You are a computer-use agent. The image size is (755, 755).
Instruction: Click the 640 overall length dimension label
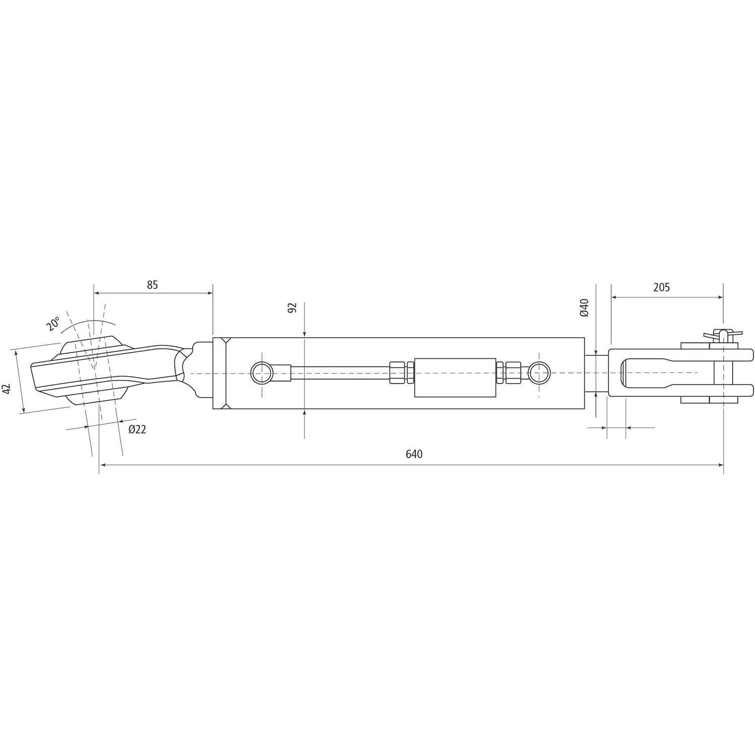coord(414,454)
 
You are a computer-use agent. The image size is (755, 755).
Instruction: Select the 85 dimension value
coord(153,285)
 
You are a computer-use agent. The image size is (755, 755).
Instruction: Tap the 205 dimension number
coord(661,287)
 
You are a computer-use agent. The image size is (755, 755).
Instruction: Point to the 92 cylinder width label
coord(292,308)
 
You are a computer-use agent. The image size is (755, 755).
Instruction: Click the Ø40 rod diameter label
coord(584,308)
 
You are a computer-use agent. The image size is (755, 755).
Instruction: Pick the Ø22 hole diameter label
coord(137,429)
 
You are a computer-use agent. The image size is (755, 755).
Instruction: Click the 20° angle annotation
coord(53,324)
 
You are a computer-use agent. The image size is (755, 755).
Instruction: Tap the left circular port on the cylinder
coord(262,373)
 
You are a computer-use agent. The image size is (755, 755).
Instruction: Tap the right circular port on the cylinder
coord(539,373)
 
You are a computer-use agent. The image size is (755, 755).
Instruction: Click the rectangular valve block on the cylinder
coord(454,377)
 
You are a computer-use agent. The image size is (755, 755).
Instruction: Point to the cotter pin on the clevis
coord(723,334)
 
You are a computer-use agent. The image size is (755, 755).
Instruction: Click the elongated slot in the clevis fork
coord(654,373)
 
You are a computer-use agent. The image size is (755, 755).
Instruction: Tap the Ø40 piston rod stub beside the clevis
coord(597,373)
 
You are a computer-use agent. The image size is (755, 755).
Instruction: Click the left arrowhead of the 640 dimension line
coord(102,465)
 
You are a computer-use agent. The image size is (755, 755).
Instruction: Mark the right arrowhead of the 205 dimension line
coord(720,297)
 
